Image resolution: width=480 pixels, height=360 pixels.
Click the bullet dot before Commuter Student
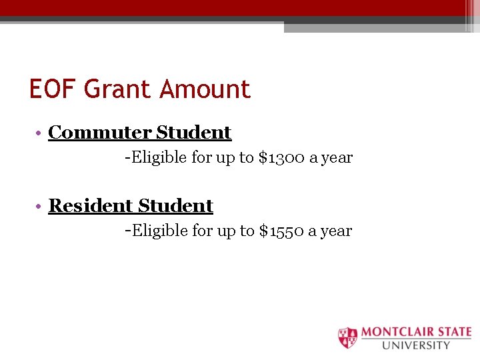(41, 133)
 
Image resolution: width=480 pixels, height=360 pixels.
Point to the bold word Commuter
(99, 133)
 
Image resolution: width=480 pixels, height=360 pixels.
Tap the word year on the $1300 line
(336, 159)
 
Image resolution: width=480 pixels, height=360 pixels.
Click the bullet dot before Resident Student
(41, 207)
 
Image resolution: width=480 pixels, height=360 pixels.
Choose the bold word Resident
(91, 206)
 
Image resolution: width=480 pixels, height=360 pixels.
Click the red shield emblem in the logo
(347, 337)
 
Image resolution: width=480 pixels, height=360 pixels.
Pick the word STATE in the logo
(455, 332)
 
